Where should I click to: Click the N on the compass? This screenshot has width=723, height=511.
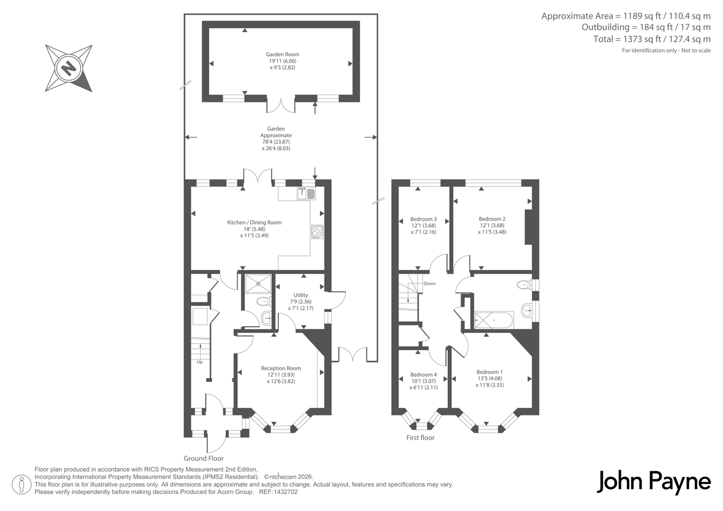[x=69, y=68]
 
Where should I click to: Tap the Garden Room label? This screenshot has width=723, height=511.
[x=282, y=54]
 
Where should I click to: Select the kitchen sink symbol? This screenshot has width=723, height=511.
[x=306, y=193]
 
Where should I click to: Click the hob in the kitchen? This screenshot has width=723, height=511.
[x=317, y=232]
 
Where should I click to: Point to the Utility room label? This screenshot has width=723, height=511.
[x=301, y=295]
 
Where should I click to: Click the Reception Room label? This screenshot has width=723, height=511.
[x=281, y=368]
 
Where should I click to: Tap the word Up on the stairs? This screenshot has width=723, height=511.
[x=200, y=362]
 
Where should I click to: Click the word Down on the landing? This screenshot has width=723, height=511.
[x=430, y=283]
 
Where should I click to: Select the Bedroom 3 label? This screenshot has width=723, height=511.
[x=423, y=219]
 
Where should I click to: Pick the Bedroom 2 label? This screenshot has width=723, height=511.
[x=492, y=219]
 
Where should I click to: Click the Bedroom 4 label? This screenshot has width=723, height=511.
[x=423, y=375]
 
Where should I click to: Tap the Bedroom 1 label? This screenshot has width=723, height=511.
[x=490, y=372]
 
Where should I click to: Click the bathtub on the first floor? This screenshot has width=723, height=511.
[x=494, y=320]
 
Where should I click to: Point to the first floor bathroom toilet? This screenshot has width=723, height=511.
[x=525, y=285]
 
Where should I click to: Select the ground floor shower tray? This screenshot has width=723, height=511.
[x=258, y=284]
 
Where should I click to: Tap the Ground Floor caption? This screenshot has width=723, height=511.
[x=204, y=459]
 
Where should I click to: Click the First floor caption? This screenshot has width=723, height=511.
[x=420, y=438]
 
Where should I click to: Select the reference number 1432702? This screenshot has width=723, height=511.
[x=285, y=492]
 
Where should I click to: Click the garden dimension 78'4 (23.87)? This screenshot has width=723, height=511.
[x=276, y=142]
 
